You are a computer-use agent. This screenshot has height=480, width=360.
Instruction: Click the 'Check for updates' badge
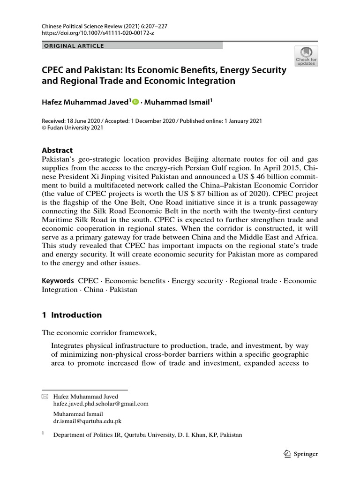(x=306, y=55)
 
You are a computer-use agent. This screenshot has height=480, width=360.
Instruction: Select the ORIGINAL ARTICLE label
(x=74, y=46)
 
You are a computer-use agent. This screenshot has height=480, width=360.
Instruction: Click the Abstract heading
(x=57, y=150)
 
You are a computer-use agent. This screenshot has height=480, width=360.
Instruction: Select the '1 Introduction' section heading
(x=72, y=315)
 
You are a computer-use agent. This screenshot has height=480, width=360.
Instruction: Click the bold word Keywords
(x=58, y=281)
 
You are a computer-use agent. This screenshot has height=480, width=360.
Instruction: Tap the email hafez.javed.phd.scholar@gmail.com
(x=101, y=403)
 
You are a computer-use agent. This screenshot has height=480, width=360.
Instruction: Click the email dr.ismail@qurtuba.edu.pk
(x=87, y=421)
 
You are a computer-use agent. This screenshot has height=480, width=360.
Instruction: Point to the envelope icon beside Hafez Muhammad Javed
(x=45, y=397)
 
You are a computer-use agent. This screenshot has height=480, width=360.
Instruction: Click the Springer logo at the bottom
(x=301, y=454)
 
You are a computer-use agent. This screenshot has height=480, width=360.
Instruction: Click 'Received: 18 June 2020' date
(x=72, y=121)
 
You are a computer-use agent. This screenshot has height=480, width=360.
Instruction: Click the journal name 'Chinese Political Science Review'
(x=80, y=27)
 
